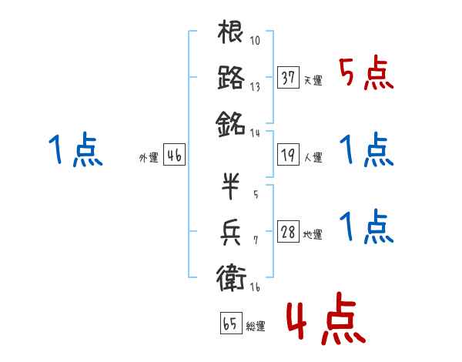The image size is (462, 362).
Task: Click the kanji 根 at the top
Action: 231,33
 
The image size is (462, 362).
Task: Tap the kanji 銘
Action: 231,122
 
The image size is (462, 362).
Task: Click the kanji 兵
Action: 231,230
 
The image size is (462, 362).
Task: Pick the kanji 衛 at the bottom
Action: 231,276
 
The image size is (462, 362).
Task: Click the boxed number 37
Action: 288,77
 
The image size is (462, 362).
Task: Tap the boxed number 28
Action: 288,232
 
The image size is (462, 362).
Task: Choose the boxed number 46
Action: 174,156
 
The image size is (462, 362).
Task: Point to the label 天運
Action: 313,80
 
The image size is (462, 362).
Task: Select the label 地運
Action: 313,234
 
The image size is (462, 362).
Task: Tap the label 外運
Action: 148,158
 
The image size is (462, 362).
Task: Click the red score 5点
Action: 367,74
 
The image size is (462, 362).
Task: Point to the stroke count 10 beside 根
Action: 256,41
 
